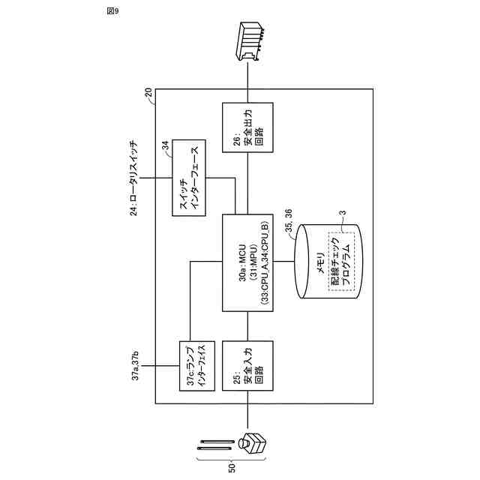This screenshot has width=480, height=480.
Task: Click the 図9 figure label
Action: [113, 11]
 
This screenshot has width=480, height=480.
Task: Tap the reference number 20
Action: [148, 92]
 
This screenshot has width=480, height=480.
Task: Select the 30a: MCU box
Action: [247, 262]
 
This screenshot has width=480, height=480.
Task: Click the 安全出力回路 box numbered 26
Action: [247, 127]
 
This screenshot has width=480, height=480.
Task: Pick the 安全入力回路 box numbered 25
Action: [247, 366]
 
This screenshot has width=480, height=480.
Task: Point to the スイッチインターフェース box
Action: [188, 178]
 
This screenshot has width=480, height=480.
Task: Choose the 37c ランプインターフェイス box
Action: [196, 366]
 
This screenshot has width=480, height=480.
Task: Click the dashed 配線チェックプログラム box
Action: [342, 262]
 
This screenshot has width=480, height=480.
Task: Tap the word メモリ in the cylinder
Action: [320, 262]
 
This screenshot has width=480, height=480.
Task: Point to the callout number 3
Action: [343, 212]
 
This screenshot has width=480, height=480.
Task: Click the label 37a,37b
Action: [135, 366]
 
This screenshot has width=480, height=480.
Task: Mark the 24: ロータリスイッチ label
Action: [133, 178]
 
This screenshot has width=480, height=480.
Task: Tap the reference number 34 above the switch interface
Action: [165, 145]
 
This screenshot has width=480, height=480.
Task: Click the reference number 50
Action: [232, 468]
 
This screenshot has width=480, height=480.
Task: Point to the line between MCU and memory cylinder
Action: [283, 262]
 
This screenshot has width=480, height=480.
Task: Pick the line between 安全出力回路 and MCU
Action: [247, 183]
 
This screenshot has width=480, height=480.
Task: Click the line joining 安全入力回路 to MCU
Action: [247, 326]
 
